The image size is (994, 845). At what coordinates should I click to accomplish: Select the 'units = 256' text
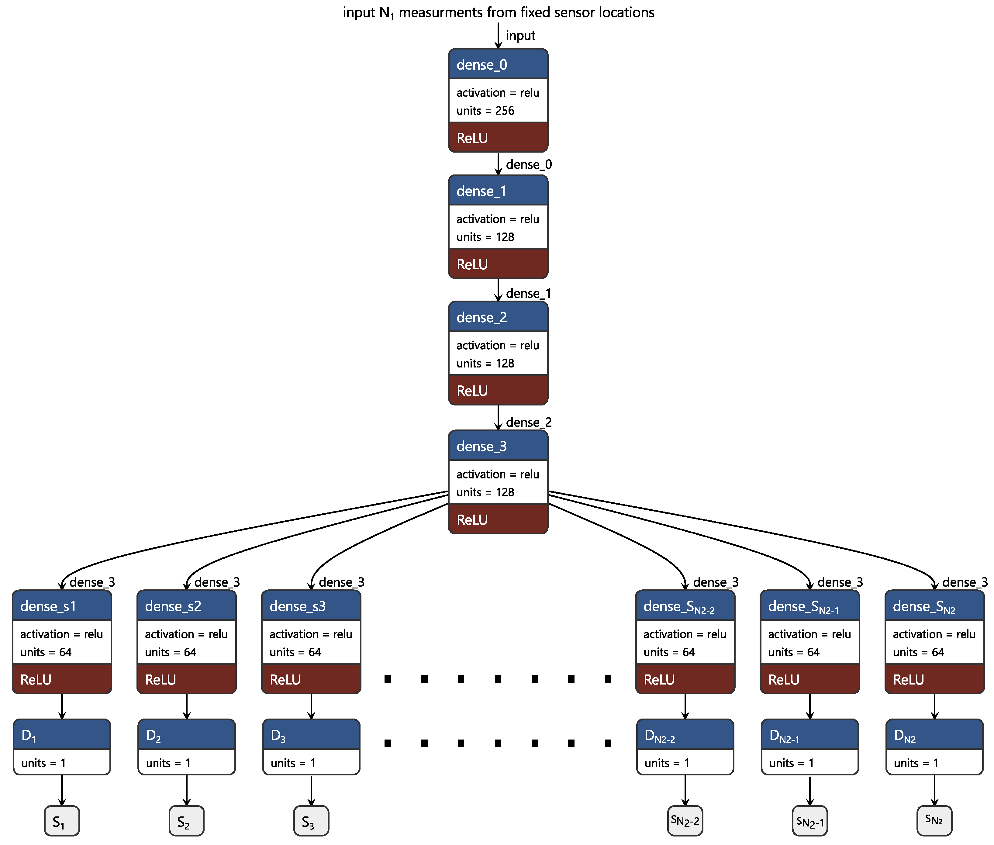485,111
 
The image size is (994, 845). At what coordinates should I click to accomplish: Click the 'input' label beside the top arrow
520,36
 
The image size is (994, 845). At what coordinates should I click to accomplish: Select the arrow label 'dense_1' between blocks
528,293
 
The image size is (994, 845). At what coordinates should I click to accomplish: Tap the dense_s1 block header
62,606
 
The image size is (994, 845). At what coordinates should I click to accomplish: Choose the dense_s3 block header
311,606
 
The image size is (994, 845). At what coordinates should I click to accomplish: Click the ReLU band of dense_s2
186,679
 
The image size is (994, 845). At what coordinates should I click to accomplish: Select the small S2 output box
186,821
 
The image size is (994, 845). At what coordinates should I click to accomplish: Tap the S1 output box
62,821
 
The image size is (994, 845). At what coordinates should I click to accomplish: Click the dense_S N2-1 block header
809,606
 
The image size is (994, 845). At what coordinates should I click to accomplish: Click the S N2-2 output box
685,821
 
